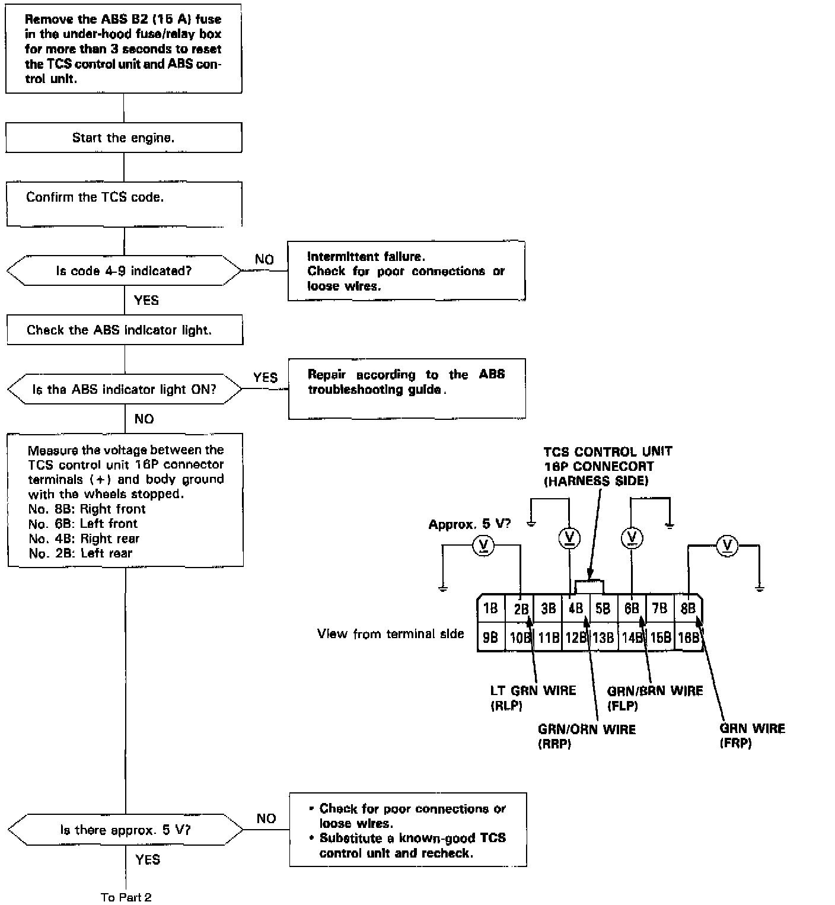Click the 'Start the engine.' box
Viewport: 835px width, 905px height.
123,138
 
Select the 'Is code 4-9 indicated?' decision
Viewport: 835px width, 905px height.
123,271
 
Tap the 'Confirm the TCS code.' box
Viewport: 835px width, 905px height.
123,203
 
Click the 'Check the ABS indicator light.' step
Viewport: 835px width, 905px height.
125,330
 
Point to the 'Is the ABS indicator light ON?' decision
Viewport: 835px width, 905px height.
124,390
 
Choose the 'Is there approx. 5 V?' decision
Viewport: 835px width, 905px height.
125,830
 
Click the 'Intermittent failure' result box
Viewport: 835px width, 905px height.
406,271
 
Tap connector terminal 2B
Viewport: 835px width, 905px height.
521,609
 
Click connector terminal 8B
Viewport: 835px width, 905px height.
688,608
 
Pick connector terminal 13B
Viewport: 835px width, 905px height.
603,638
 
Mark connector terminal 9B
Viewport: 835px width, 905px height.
490,638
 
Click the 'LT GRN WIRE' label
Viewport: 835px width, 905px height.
533,690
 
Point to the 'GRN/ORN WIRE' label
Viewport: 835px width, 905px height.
586,729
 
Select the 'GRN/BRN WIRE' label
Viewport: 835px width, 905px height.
655,691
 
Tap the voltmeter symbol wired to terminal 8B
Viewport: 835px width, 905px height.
727,546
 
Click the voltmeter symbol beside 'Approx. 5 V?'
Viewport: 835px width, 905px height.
484,546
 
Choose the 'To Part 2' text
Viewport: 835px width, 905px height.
126,897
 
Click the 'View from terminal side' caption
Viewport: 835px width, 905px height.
390,634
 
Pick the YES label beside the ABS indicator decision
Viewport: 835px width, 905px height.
265,378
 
